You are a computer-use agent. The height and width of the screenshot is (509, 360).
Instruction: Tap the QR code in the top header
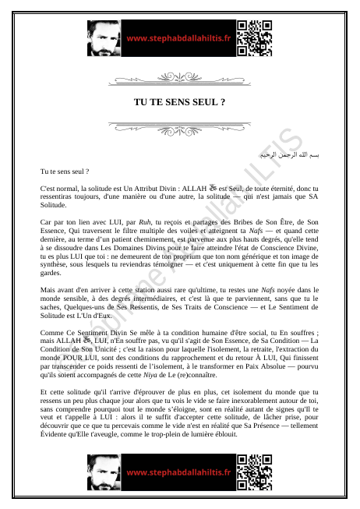[x=255, y=38]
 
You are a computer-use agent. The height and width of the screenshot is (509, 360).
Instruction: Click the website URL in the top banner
[x=178, y=38]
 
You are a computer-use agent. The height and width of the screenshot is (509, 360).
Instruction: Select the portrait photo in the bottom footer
[x=104, y=472]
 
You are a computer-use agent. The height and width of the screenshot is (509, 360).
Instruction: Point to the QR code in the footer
[x=255, y=472]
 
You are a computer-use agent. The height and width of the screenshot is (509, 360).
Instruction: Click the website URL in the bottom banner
[x=178, y=472]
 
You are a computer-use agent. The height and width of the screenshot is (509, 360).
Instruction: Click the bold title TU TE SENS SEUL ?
[x=180, y=102]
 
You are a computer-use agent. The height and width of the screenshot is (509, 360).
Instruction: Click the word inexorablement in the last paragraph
[x=270, y=399]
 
